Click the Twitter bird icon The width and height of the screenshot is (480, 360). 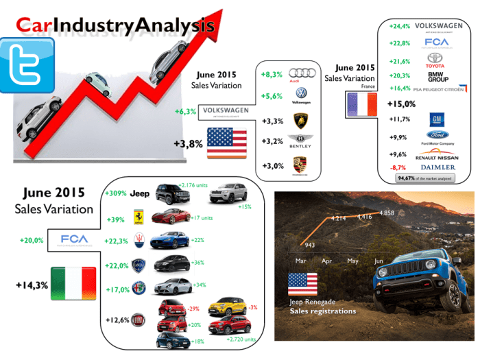[x=27, y=64]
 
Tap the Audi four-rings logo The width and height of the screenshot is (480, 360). [x=300, y=73]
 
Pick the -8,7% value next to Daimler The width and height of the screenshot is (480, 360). [x=398, y=167]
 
